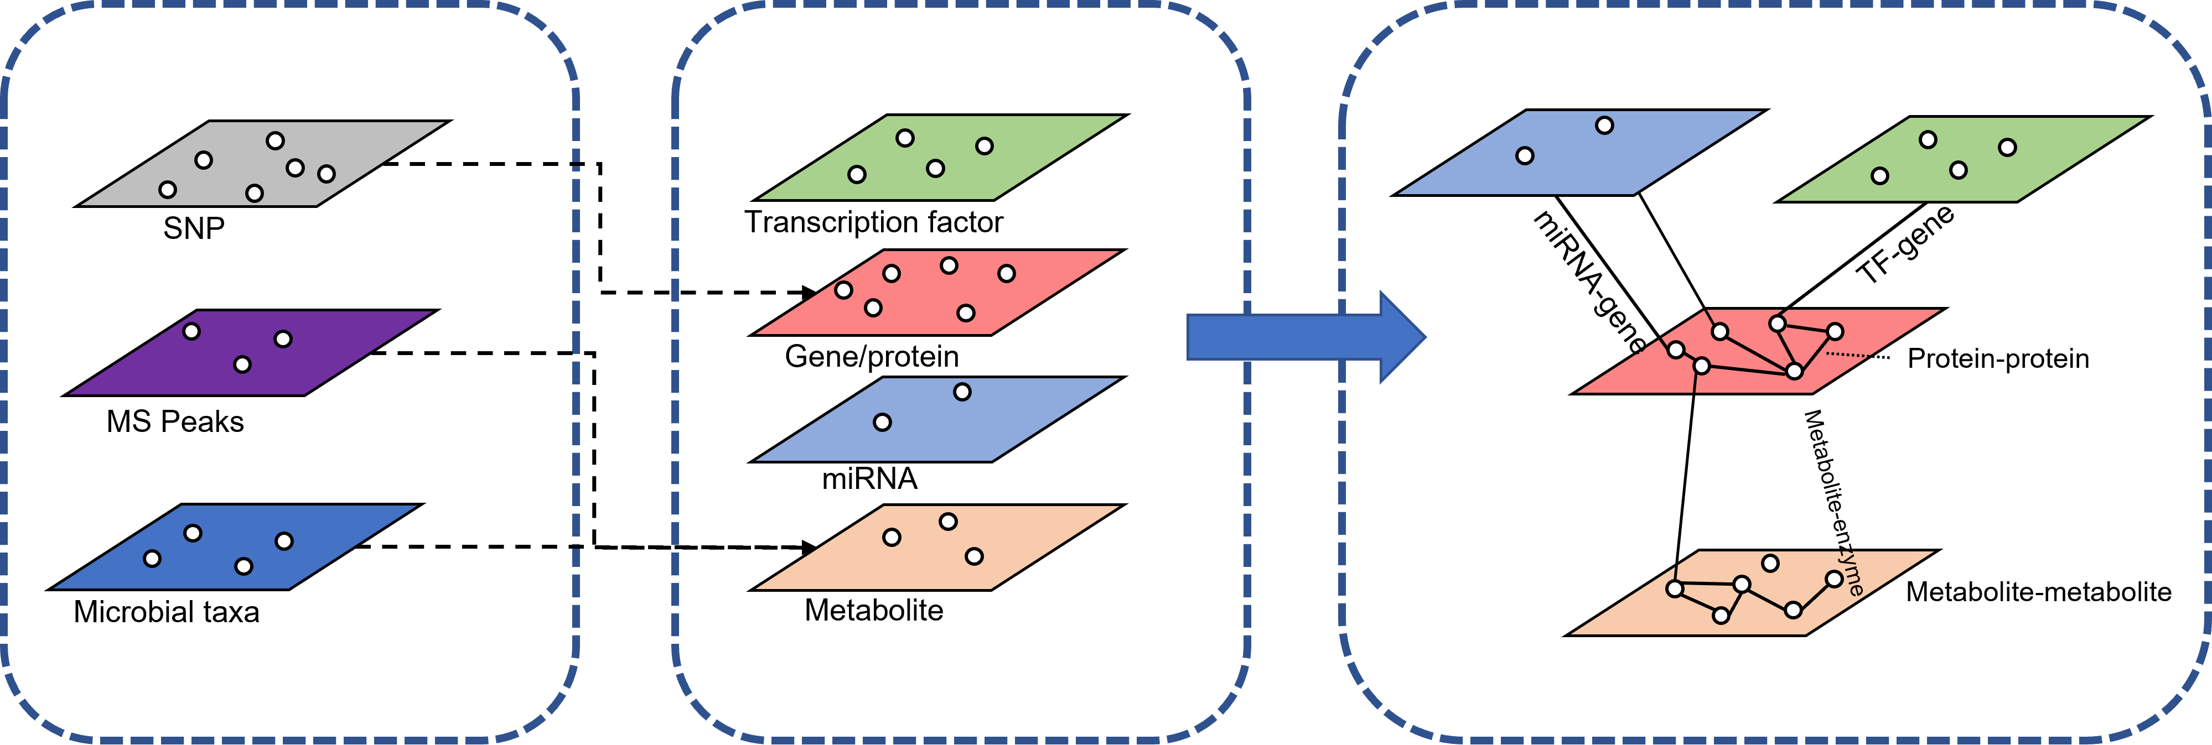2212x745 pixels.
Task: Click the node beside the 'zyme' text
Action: pos(1834,579)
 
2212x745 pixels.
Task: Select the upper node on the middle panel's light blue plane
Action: pos(962,392)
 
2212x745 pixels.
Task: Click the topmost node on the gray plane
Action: pos(275,140)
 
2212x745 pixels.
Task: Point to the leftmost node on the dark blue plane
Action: pos(152,559)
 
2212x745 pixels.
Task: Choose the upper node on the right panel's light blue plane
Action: pos(1604,126)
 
